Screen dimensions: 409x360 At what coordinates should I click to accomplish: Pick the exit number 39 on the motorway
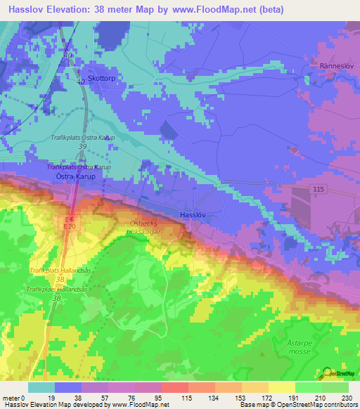click(x=83, y=146)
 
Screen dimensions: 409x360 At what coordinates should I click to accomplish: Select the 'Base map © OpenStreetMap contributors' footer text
click(x=298, y=405)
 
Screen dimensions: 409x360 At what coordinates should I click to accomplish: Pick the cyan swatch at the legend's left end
click(x=41, y=387)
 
